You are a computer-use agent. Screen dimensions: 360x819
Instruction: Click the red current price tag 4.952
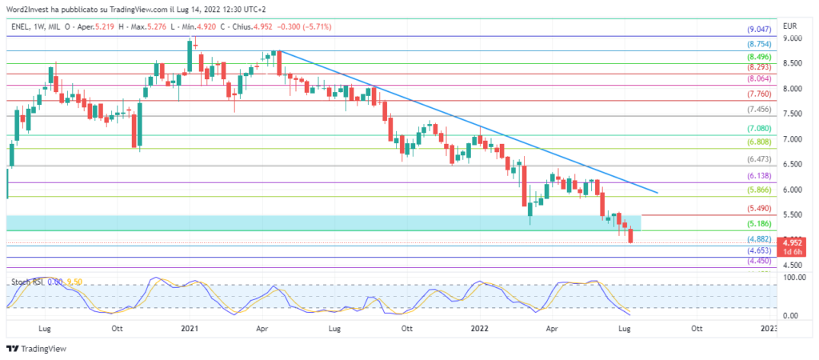pyautogui.click(x=792, y=242)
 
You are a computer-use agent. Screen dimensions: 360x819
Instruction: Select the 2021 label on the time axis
pyautogui.click(x=189, y=328)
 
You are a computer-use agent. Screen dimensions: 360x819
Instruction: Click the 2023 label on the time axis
pyautogui.click(x=769, y=328)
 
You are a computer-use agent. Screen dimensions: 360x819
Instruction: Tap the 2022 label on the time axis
pyautogui.click(x=479, y=328)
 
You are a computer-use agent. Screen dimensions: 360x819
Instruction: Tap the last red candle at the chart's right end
pyautogui.click(x=631, y=234)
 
